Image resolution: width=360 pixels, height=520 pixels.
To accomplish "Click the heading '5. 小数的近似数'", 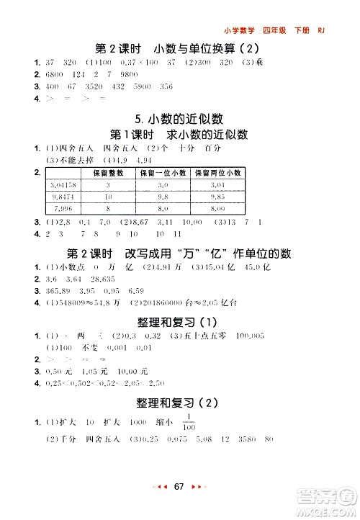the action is tap(179, 119).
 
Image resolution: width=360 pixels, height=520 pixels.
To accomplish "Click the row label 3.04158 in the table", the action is tap(64, 185).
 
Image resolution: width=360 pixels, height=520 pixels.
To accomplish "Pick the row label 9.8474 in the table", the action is tap(64, 197).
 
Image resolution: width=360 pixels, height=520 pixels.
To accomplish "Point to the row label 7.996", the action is tap(64, 208).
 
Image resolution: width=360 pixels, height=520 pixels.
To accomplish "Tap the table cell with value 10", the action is tap(108, 197).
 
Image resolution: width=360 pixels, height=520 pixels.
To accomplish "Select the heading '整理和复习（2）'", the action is tap(179, 404).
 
